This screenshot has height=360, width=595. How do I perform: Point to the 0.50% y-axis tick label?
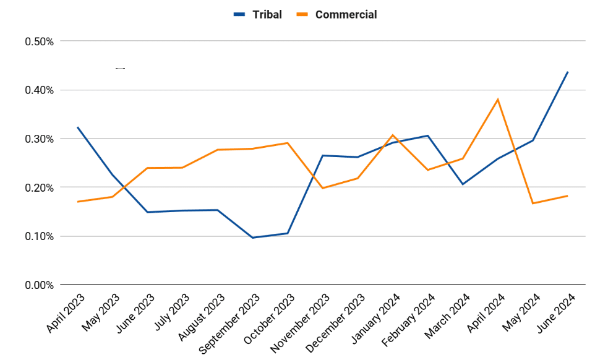click(x=39, y=41)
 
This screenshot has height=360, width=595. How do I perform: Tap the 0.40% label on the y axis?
click(x=39, y=90)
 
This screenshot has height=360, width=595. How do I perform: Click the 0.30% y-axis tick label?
click(x=39, y=139)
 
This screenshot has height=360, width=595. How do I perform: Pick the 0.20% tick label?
click(x=39, y=187)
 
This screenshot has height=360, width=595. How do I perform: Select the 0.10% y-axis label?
click(x=39, y=236)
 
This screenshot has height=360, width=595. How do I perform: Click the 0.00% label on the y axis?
click(x=39, y=285)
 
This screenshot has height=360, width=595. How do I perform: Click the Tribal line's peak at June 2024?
click(x=568, y=72)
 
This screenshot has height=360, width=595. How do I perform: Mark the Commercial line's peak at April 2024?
click(x=497, y=99)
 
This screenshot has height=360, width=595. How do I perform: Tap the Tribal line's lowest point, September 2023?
click(x=252, y=238)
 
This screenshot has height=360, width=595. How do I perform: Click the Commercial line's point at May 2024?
click(x=533, y=204)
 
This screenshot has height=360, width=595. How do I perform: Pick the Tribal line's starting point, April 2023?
click(x=77, y=127)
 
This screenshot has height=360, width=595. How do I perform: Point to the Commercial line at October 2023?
click(x=288, y=143)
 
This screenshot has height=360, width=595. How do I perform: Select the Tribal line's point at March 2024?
click(x=462, y=184)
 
